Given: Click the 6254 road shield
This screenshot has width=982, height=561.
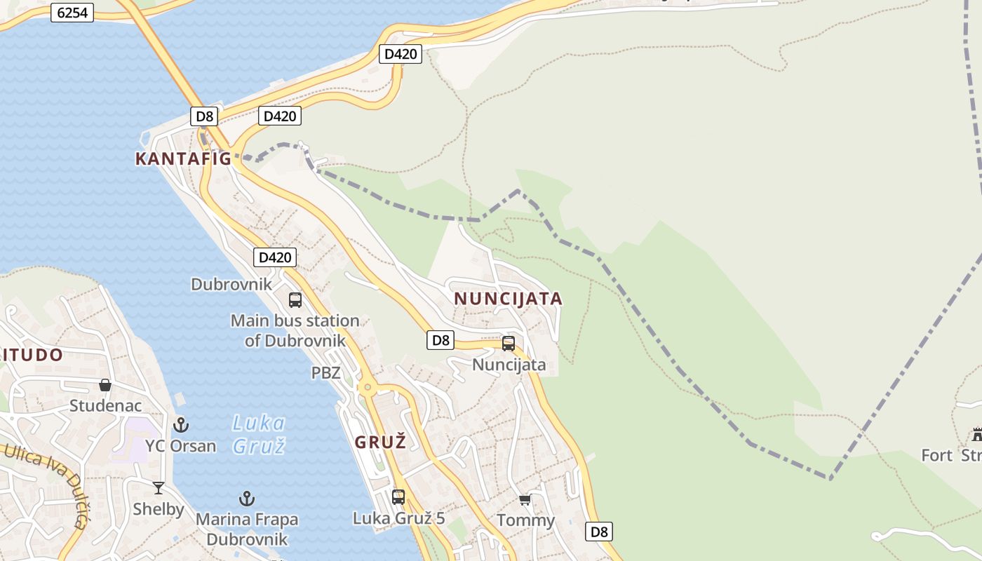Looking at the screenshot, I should point(72,13).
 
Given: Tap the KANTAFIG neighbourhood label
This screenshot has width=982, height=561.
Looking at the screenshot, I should point(183,158).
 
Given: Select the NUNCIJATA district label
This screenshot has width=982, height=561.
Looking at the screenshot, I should point(508,299).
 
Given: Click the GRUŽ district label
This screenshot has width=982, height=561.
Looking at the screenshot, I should point(380,442).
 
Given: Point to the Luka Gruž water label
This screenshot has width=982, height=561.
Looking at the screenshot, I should point(259,434).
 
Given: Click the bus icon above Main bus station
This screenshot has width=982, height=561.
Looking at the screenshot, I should point(295,300).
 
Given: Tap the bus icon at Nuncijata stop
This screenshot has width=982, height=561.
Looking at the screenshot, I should point(509,344).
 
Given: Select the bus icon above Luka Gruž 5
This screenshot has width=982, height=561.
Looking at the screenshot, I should point(398,497).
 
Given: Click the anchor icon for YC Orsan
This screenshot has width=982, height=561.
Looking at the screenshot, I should point(181,424).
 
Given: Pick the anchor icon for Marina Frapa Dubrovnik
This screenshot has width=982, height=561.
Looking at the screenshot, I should point(246,499).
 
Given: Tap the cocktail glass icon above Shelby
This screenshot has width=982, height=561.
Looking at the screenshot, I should point(159,488).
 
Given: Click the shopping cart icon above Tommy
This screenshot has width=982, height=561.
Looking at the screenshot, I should point(525,499).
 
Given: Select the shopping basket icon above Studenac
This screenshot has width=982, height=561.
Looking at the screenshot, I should point(105,385).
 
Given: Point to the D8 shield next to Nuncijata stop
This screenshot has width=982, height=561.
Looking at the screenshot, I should point(440,341).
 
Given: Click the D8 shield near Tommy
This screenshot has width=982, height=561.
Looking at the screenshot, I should point(599,532).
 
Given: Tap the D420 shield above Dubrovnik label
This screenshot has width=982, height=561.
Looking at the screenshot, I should point(275,257).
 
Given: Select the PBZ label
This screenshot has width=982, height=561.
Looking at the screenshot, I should point(325,372).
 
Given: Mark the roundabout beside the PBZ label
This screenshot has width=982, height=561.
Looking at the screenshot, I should point(367,387).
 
